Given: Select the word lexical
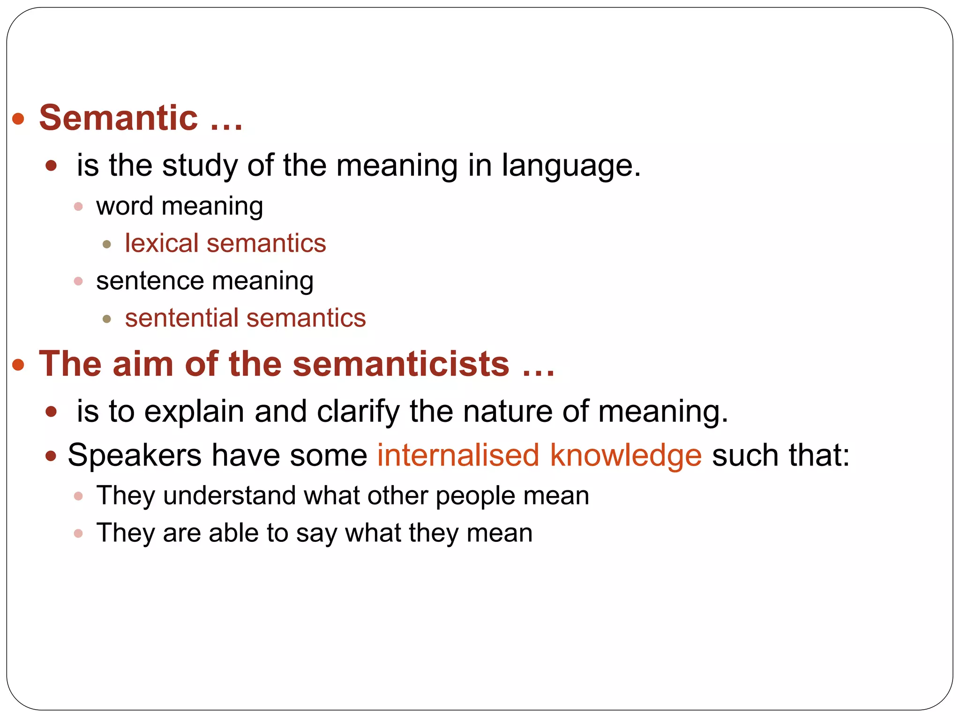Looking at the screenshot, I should click(162, 243).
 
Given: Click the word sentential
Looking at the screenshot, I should click(181, 318).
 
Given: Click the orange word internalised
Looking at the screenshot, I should click(458, 455).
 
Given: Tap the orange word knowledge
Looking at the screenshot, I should click(626, 456).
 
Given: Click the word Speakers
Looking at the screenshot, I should click(135, 456).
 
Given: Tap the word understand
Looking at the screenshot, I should click(229, 495).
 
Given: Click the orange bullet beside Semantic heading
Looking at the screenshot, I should click(18, 119).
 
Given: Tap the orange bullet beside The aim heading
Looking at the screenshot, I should click(18, 365).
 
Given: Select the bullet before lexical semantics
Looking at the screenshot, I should click(107, 244).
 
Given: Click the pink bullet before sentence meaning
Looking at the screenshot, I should click(78, 281).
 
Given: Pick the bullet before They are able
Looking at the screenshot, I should click(78, 533).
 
